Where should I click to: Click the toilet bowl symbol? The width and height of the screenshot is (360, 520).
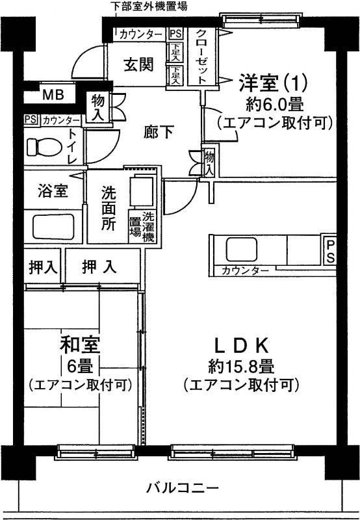[44, 147]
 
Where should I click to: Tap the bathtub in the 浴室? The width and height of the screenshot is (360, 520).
[53, 226]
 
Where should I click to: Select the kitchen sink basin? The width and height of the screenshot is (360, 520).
[242, 250]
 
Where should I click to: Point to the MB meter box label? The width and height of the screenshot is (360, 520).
[53, 95]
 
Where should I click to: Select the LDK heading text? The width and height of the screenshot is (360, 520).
[241, 346]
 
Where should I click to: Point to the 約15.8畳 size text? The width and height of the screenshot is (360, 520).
[241, 367]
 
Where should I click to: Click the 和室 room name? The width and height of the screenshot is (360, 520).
[80, 345]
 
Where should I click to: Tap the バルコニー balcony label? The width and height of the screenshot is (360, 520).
[183, 488]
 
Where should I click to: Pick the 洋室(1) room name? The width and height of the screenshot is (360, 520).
[274, 83]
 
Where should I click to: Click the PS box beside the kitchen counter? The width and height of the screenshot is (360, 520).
[330, 252]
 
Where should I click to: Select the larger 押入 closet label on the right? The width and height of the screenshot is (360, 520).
[99, 266]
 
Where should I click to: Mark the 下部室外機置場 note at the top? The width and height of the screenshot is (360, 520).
[149, 6]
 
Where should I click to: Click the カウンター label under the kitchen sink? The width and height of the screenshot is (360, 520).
[245, 271]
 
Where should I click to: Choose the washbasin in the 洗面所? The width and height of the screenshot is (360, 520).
[142, 192]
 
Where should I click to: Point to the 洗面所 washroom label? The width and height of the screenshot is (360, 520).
[109, 209]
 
